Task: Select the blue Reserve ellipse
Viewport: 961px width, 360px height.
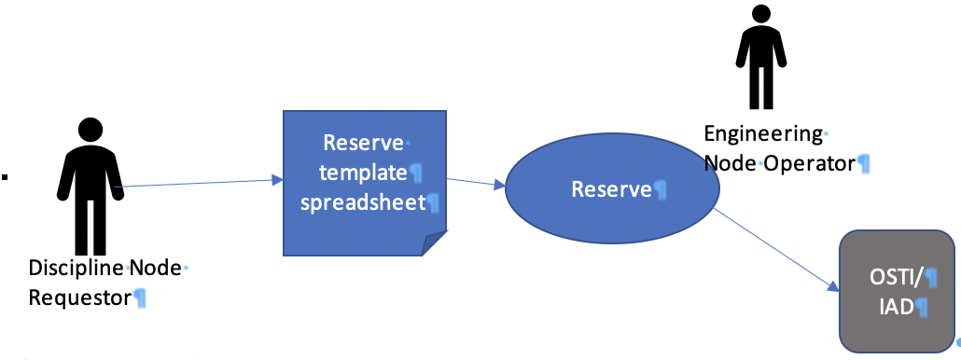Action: pos(612,191)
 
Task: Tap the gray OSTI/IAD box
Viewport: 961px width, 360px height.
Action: pos(897,290)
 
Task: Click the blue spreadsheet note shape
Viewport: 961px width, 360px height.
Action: pos(365,182)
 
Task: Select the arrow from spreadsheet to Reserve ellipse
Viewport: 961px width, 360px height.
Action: pos(476,183)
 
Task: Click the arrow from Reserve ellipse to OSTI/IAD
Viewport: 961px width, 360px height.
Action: pos(774,250)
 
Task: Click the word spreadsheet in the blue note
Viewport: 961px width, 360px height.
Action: pos(362,202)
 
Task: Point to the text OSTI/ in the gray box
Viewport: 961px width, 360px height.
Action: pos(894,275)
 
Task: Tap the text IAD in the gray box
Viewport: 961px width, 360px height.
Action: pos(893,305)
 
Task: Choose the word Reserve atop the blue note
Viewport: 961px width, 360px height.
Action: pos(363,143)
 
